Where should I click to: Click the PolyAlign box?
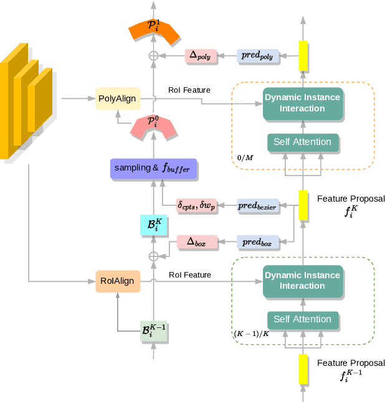(117, 98)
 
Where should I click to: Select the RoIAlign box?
(117, 281)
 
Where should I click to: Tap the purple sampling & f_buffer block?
(153, 168)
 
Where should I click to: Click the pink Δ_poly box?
(199, 56)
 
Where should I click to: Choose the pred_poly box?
(257, 56)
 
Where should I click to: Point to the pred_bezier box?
(258, 205)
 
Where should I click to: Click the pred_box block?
(257, 243)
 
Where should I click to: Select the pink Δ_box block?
(196, 243)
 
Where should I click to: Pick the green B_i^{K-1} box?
(153, 330)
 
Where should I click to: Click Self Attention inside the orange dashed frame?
(302, 142)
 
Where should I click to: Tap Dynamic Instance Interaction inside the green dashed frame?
(302, 281)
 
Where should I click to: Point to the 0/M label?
(245, 156)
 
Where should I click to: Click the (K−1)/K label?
(252, 334)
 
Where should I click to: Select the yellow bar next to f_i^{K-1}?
(303, 369)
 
